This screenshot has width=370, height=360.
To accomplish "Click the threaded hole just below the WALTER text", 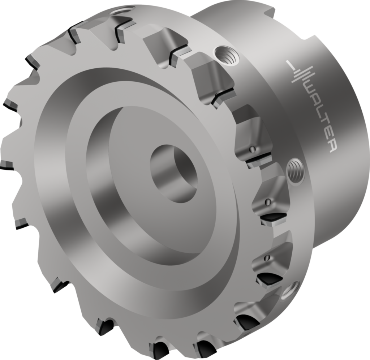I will click(295, 171).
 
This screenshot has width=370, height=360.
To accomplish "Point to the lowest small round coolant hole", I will click(267, 258).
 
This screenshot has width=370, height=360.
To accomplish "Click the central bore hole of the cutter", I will click(174, 173).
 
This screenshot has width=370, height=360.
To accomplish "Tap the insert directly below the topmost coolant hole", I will click(258, 159).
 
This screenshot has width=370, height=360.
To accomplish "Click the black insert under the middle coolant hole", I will click(274, 218).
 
